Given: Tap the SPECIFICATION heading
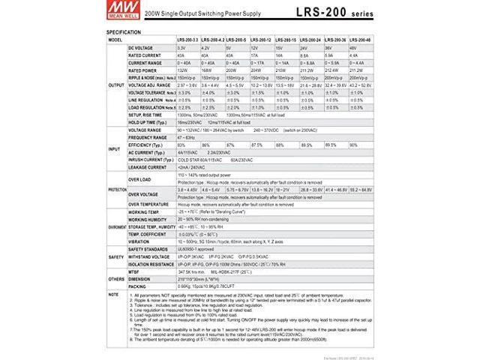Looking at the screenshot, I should (x=124, y=32).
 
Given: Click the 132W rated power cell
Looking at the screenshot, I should (x=184, y=69).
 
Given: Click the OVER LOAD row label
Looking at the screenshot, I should (x=139, y=179).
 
